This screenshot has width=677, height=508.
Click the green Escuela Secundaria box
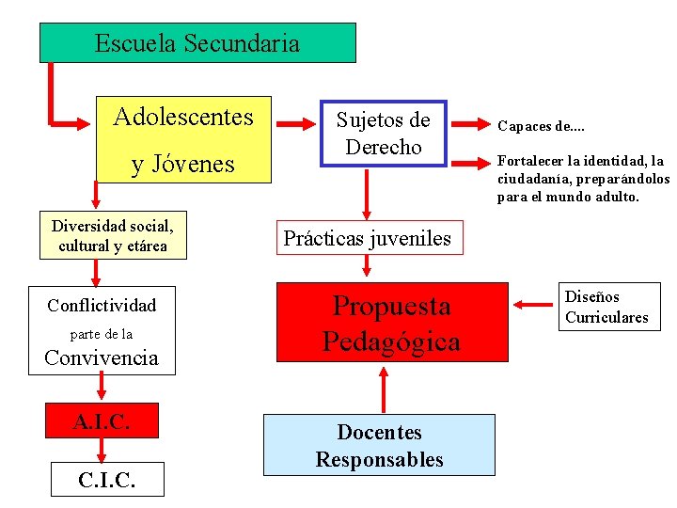[197, 43]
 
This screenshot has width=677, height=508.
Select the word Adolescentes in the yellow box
[183, 117]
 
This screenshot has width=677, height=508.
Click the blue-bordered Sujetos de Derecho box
[383, 134]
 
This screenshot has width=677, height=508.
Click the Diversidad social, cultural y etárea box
[112, 235]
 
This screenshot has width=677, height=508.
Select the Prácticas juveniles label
[367, 238]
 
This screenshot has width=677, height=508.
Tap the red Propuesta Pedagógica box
[391, 323]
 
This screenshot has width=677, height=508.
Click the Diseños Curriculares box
[606, 307]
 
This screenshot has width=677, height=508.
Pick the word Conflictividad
[102, 305]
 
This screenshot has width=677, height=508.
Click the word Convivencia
[102, 357]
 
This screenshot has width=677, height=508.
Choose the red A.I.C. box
[102, 421]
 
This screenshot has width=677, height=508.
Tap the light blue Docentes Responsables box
[379, 445]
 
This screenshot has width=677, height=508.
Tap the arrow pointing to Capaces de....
[469, 124]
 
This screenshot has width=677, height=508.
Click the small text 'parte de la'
[102, 334]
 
